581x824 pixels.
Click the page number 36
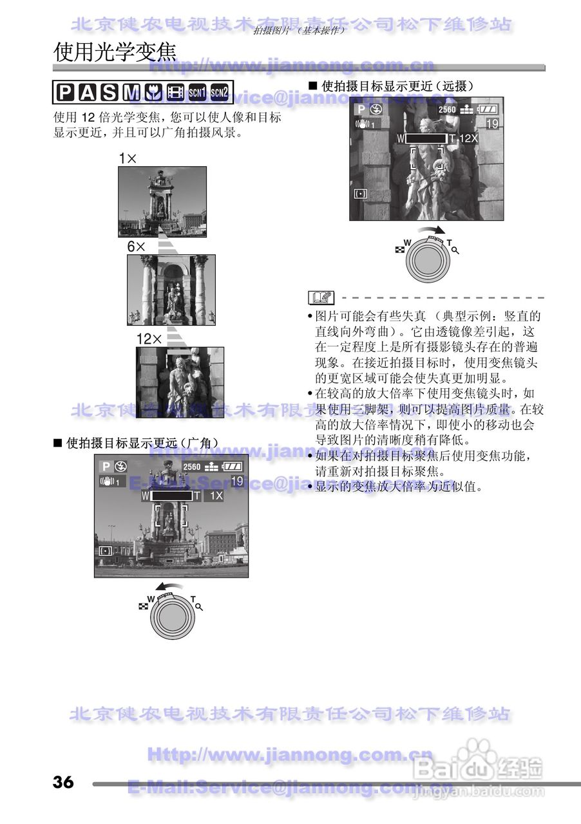pyautogui.click(x=63, y=782)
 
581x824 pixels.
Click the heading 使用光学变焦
pyautogui.click(x=115, y=52)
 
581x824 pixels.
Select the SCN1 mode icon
pyautogui.click(x=196, y=93)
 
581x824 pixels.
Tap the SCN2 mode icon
pyautogui.click(x=220, y=93)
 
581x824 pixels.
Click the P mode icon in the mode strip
pyautogui.click(x=66, y=93)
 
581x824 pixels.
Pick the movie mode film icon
pyautogui.click(x=175, y=93)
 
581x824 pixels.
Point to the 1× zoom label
pyautogui.click(x=128, y=158)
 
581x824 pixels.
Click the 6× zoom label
pyautogui.click(x=137, y=247)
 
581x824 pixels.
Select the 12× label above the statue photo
pyautogui.click(x=148, y=339)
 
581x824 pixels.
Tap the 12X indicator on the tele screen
pyautogui.click(x=468, y=138)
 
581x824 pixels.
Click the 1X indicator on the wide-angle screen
pyautogui.click(x=215, y=496)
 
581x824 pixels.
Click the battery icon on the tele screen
pyautogui.click(x=488, y=109)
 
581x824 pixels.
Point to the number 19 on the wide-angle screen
pyautogui.click(x=236, y=481)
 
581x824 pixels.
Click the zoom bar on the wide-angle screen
pyautogui.click(x=171, y=496)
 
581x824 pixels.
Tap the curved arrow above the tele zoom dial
pyautogui.click(x=430, y=230)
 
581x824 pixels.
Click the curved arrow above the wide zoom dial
pyautogui.click(x=169, y=586)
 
